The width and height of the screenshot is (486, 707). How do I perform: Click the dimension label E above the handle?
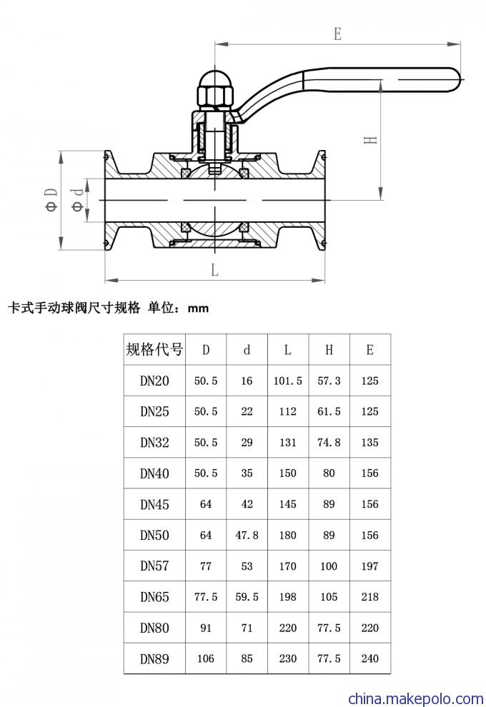coord(337,34)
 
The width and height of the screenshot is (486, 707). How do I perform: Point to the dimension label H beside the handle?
coord(370,140)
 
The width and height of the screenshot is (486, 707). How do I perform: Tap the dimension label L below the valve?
coord(215,270)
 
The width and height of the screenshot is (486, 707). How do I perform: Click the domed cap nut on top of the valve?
coord(216,78)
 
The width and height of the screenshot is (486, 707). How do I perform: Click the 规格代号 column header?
coord(154,349)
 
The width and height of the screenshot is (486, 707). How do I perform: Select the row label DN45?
coord(154,504)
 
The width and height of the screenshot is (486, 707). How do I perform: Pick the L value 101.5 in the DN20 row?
coord(288,381)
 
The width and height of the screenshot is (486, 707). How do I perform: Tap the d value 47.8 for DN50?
coord(247,535)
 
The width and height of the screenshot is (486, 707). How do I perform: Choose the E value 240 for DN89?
coord(370,658)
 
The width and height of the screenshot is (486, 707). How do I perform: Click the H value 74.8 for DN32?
coord(329,443)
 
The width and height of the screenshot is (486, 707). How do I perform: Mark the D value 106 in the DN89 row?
coord(206,658)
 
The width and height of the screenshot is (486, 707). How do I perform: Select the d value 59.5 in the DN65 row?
coord(247,597)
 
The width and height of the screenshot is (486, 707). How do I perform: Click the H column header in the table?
coord(329,350)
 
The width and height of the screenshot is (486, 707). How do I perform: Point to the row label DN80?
coord(154,628)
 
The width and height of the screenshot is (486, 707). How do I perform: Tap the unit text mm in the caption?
coord(198,309)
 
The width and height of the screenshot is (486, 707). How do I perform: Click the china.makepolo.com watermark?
coord(416,698)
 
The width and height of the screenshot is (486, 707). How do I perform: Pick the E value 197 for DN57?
coord(370,566)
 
